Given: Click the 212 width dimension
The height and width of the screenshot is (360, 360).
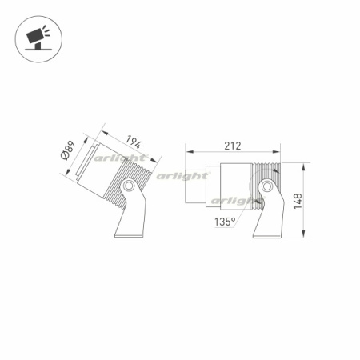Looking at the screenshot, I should tap(233, 146).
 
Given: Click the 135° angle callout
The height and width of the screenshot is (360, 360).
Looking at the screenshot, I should tap(224, 222).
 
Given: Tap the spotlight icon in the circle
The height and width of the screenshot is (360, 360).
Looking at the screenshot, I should tap(37, 37).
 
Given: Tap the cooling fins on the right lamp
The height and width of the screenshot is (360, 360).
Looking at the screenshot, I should tap(268, 172).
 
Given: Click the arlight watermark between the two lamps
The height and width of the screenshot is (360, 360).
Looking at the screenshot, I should tap(179, 174).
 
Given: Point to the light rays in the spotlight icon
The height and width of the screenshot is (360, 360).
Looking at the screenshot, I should tap(46, 31).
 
